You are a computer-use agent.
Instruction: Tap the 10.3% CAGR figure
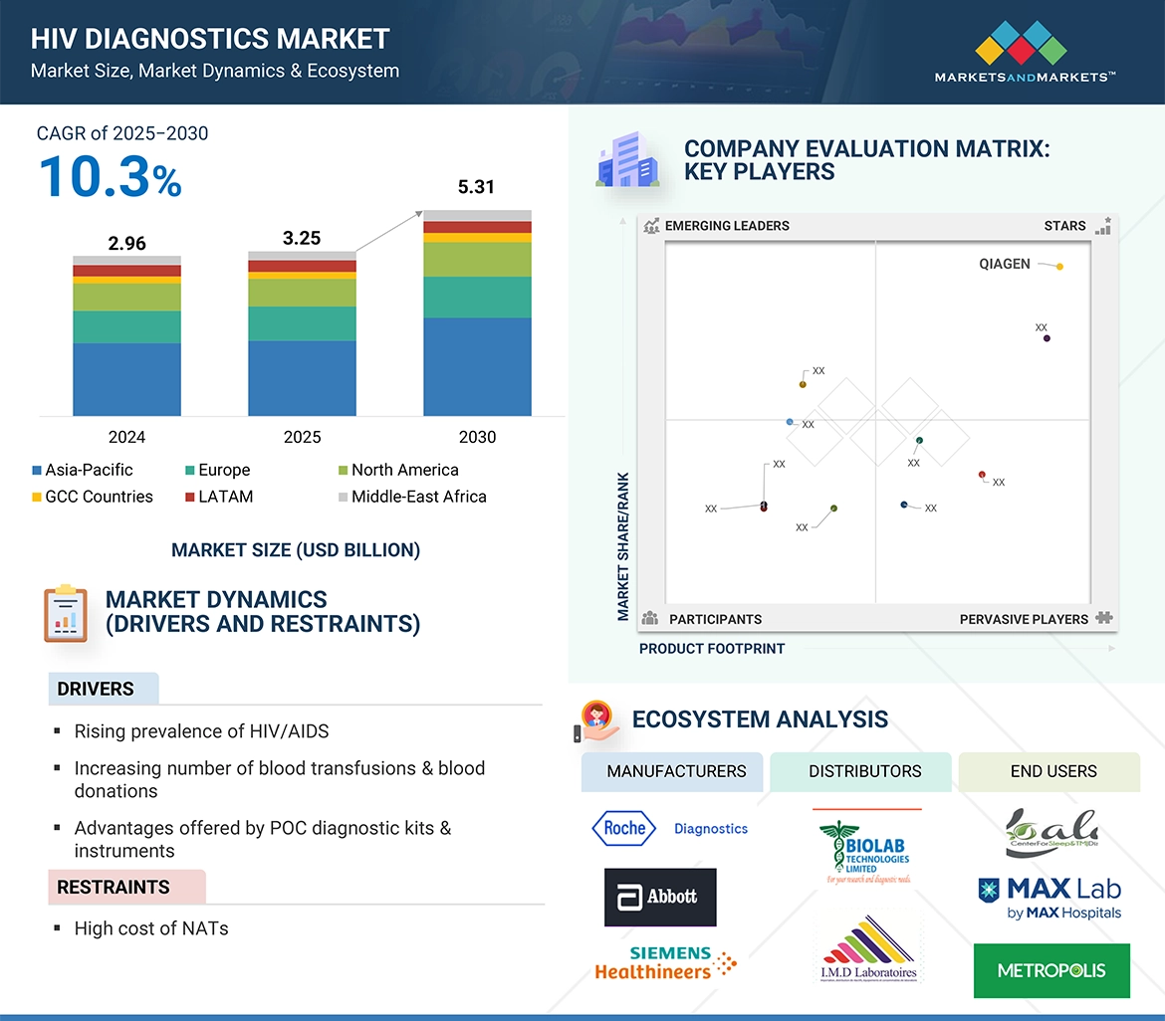(x=110, y=177)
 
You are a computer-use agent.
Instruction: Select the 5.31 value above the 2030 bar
(x=476, y=187)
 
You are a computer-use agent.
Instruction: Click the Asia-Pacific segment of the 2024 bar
(x=126, y=379)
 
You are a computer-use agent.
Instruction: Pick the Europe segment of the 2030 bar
(x=477, y=297)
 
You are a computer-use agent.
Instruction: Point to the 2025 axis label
(x=302, y=437)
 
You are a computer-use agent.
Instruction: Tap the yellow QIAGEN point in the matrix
(x=1059, y=267)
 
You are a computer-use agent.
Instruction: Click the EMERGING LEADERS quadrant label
(x=726, y=226)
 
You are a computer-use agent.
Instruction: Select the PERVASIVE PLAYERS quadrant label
(x=1024, y=619)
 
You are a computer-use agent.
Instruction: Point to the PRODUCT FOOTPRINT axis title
(x=712, y=649)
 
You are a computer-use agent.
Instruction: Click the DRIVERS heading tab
(x=96, y=689)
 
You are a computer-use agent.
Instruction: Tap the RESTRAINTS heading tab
(x=113, y=887)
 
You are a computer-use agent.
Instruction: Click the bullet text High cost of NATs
(x=151, y=928)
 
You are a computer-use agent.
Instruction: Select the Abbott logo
(x=660, y=897)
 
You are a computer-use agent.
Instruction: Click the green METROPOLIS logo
(x=1051, y=970)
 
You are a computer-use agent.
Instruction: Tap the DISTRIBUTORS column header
(x=864, y=771)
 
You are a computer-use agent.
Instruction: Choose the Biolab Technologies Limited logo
(x=863, y=848)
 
